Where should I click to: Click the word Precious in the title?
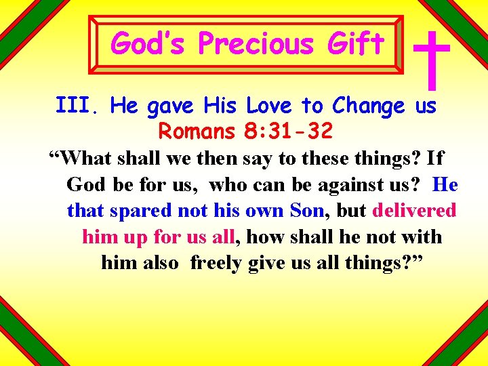(256, 44)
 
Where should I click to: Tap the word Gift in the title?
(355, 44)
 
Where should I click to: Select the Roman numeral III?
(78, 106)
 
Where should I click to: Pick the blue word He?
(445, 184)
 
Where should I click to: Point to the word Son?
(307, 211)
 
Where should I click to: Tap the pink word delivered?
(414, 211)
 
